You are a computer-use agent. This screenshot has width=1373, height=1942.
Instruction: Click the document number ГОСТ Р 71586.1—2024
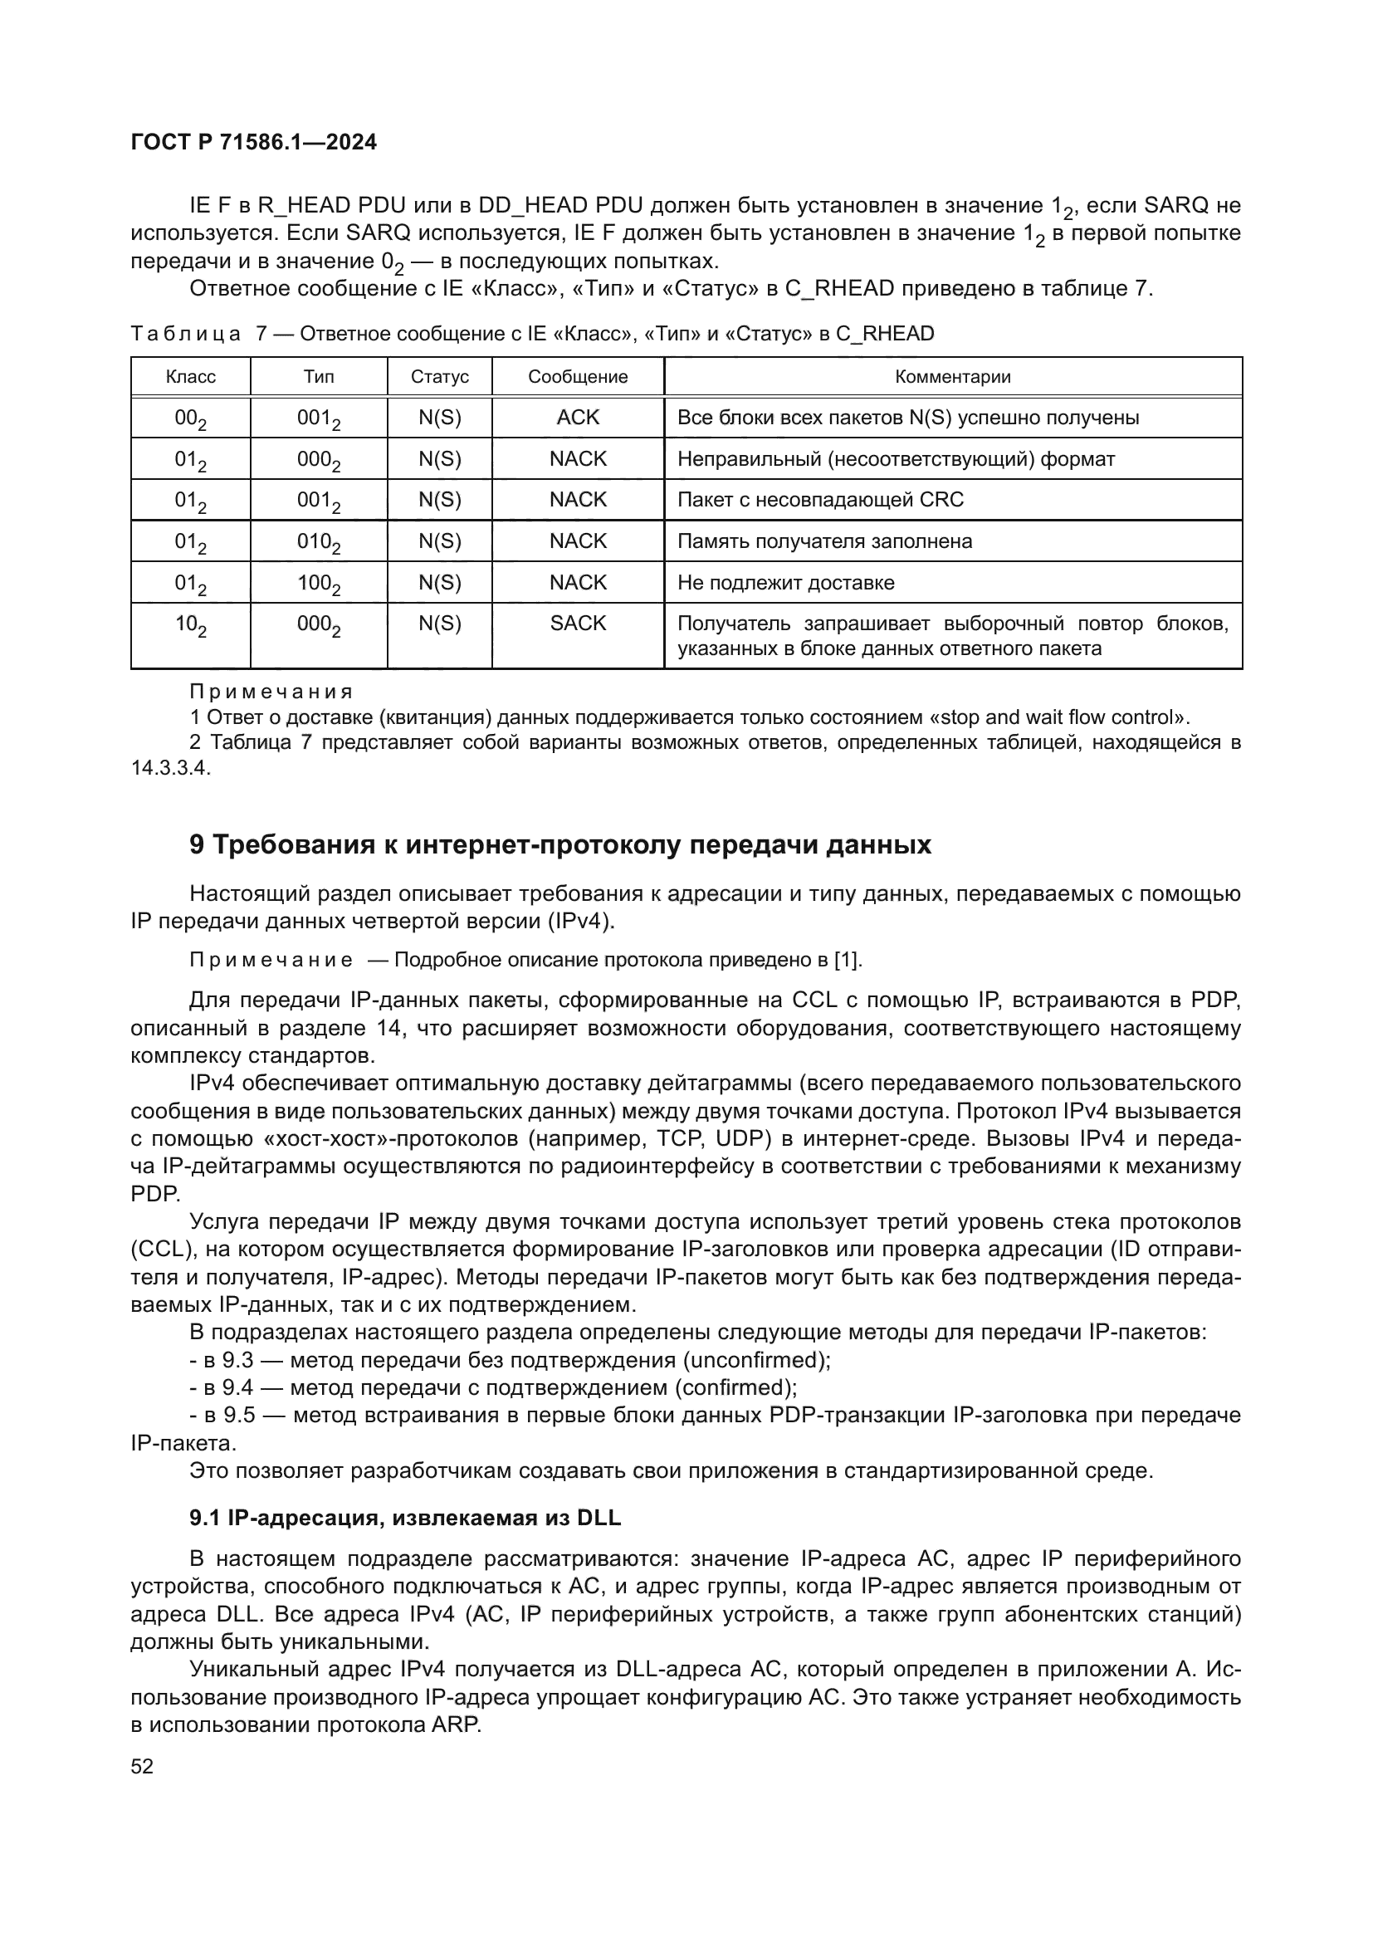[254, 142]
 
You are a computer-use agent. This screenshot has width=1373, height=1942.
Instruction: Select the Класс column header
[190, 376]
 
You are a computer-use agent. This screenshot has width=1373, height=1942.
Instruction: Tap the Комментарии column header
[953, 376]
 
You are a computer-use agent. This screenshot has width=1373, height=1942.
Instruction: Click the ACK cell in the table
[578, 417]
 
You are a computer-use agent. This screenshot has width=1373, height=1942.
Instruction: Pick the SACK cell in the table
[578, 624]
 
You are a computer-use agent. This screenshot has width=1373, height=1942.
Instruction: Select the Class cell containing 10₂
[190, 626]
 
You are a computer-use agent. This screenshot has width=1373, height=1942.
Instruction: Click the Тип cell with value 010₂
[319, 542]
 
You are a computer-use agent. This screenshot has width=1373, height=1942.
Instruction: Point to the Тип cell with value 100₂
[319, 584]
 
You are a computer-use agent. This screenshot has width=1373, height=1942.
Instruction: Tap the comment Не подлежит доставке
[785, 583]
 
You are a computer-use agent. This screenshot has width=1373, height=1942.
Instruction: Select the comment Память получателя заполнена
[824, 541]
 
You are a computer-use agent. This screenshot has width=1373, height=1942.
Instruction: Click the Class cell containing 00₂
[190, 418]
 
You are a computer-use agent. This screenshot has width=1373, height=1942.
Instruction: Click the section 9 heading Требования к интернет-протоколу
[559, 844]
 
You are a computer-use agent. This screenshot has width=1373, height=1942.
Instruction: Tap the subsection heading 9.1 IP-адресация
[405, 1518]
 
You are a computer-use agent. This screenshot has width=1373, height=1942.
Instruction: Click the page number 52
[142, 1766]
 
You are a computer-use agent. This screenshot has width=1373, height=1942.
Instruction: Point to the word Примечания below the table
[271, 692]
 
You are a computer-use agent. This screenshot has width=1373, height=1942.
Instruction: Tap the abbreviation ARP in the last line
[455, 1724]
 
